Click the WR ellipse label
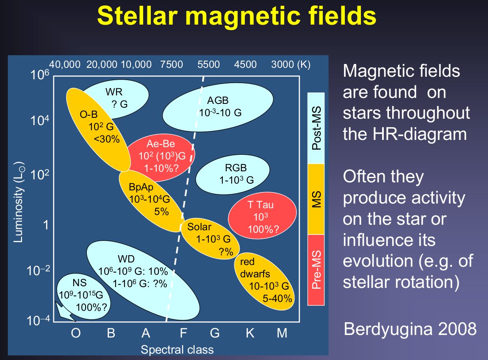(114, 92)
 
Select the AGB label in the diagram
(218, 100)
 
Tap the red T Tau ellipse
(262, 215)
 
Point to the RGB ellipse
(233, 175)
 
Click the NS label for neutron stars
(79, 282)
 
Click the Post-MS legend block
(316, 128)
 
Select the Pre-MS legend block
(316, 270)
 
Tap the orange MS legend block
(316, 199)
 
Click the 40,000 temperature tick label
(65, 64)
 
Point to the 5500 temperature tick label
(208, 64)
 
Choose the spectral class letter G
(215, 333)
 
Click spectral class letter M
(282, 333)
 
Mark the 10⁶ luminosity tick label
(40, 75)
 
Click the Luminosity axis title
(19, 202)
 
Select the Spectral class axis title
(177, 349)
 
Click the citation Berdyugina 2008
(410, 329)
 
